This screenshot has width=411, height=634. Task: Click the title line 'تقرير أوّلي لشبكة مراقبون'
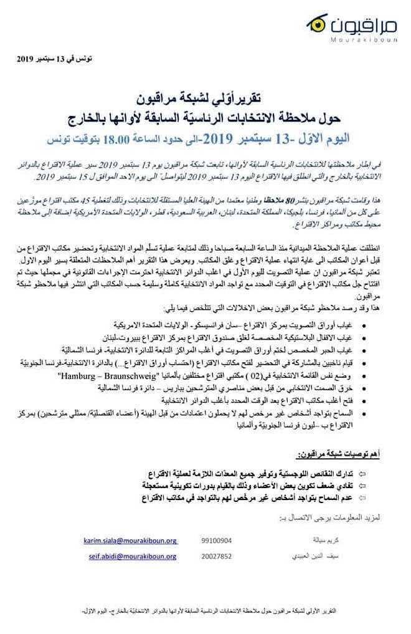click(x=206, y=98)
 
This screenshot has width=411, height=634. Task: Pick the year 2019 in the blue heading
click(x=213, y=137)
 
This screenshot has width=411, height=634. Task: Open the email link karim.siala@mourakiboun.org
click(x=130, y=540)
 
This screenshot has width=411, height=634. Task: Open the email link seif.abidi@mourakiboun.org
click(x=130, y=556)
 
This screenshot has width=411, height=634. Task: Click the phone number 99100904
click(x=217, y=540)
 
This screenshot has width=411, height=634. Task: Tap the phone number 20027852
click(x=217, y=556)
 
